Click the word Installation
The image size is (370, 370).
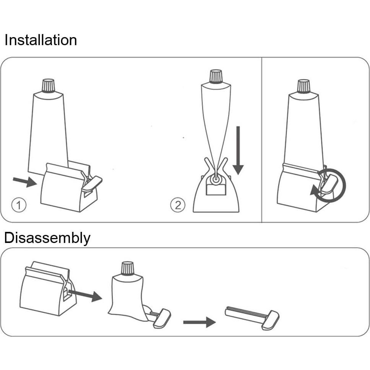point(41,40)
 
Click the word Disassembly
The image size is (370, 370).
point(47,238)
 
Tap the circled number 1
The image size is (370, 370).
point(19,205)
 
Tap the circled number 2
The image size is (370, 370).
point(178,205)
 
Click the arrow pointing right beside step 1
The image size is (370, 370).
point(25,182)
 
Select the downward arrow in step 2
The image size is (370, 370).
point(238,150)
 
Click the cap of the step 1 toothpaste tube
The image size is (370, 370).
point(48,86)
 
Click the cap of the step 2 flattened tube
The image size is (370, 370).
point(216,77)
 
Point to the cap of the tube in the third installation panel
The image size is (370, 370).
point(304,86)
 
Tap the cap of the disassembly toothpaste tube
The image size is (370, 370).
point(127,269)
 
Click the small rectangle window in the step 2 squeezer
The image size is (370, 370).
point(216,190)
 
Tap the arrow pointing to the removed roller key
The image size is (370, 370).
point(199,322)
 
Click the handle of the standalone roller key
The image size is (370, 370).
point(271,320)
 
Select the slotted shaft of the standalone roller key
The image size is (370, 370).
point(245,314)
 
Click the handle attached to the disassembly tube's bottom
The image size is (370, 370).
point(162,318)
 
